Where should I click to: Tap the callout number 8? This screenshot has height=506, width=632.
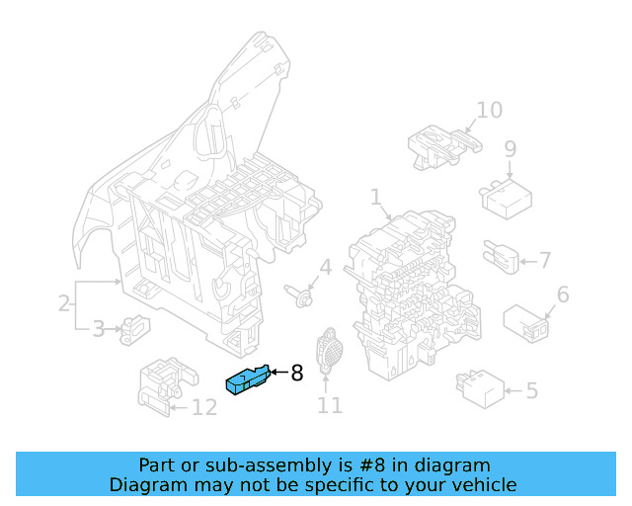tap(296, 373)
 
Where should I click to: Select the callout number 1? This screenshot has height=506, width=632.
tap(376, 198)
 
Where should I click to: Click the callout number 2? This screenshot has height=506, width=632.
tap(64, 303)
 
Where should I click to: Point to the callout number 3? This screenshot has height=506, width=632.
tap(99, 329)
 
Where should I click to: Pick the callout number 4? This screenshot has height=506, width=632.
tap(325, 268)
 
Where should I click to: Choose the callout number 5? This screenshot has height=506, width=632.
tap(531, 391)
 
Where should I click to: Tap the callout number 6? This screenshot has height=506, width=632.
tap(563, 295)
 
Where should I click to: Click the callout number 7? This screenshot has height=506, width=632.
tap(544, 261)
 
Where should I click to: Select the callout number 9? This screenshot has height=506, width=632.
tap(510, 149)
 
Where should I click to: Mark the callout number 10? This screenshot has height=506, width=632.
tap(489, 110)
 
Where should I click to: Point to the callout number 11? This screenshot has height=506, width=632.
tap(329, 405)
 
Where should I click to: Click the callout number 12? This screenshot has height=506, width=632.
tap(203, 407)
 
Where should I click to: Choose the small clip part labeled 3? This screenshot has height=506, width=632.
tap(132, 329)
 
